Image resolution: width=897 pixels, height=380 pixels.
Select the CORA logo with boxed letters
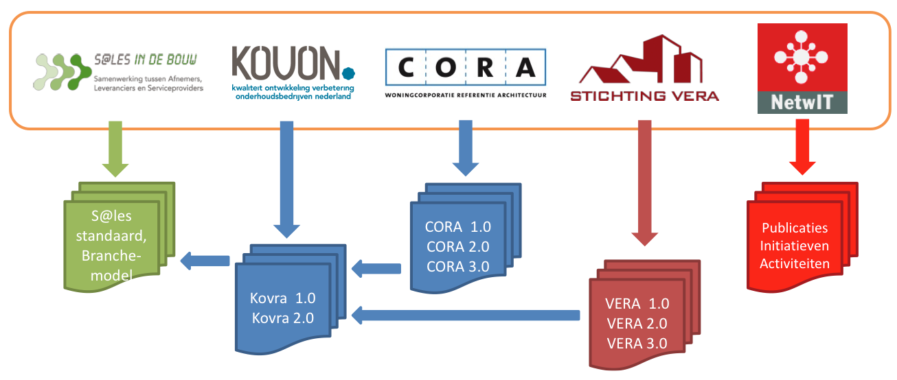click(x=466, y=68)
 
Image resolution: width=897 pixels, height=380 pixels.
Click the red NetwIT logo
click(x=802, y=68)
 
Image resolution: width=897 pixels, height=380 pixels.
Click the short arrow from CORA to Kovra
click(x=376, y=268)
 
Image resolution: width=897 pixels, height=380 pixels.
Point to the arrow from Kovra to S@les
click(x=205, y=260)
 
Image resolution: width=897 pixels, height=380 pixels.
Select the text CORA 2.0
click(x=458, y=247)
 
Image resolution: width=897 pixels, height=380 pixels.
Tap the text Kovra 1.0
click(x=283, y=299)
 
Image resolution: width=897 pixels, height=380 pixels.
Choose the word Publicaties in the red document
click(x=795, y=228)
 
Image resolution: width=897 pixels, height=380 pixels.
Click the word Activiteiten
click(x=795, y=263)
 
